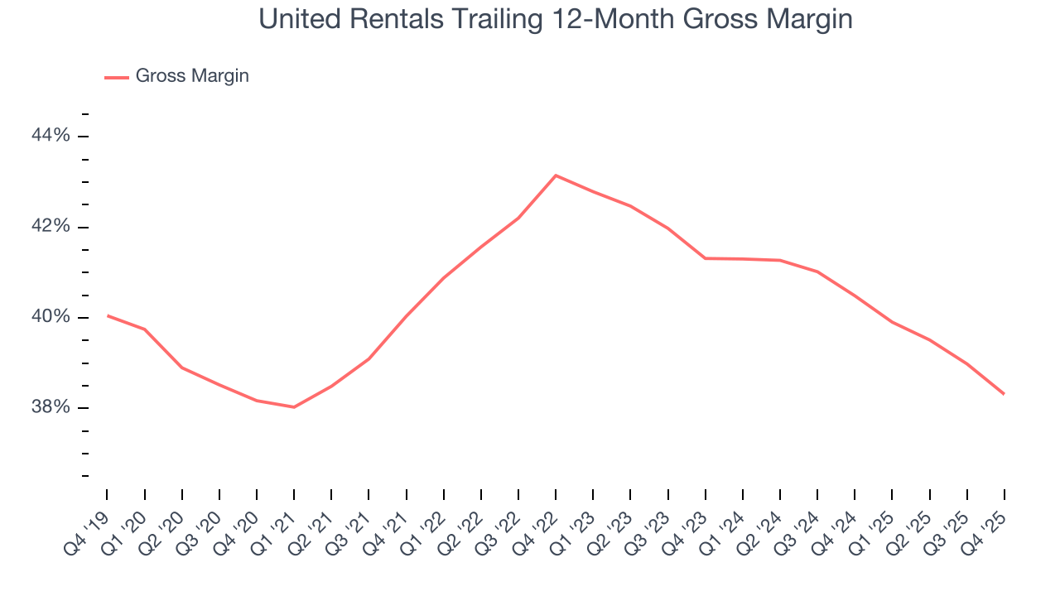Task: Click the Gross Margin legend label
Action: pyautogui.click(x=192, y=76)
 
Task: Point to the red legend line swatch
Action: pyautogui.click(x=117, y=77)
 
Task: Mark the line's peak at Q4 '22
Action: pyautogui.click(x=556, y=175)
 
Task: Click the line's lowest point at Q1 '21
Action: pyautogui.click(x=294, y=406)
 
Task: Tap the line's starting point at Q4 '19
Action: pyautogui.click(x=108, y=315)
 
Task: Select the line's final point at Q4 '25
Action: pyautogui.click(x=1005, y=394)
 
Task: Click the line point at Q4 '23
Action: pyautogui.click(x=706, y=258)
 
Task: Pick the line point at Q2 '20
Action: pyautogui.click(x=182, y=368)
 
